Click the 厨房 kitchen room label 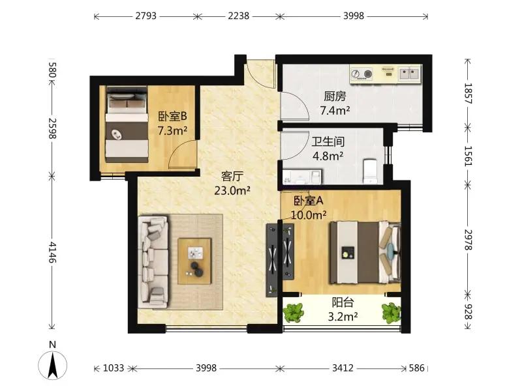tap(335, 96)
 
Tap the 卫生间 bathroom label tap(328, 142)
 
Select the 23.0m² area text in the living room tap(232, 190)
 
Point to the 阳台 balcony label tap(343, 302)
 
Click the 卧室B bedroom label tap(172, 116)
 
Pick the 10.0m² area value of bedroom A tap(309, 215)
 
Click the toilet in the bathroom tap(370, 171)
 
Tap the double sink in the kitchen tap(410, 73)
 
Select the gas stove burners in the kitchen tap(361, 74)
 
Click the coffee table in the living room tap(194, 261)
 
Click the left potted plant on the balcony tap(293, 313)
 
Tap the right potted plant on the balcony tap(391, 313)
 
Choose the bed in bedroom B tap(127, 124)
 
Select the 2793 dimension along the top tap(146, 16)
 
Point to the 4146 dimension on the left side tap(52, 252)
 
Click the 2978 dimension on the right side tap(468, 240)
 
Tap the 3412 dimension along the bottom tap(343, 368)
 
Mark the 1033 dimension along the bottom tap(114, 368)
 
